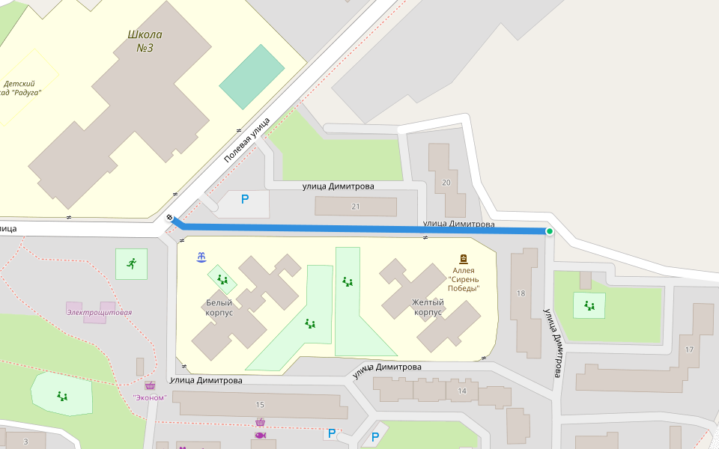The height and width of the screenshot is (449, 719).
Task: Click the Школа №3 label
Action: tap(145, 41)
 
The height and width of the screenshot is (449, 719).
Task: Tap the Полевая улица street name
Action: tap(246, 144)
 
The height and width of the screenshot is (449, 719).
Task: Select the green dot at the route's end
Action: tap(550, 232)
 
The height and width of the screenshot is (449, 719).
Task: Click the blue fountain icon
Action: tap(201, 257)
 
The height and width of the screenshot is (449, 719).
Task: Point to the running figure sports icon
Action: tap(131, 263)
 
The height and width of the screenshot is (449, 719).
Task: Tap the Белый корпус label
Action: tap(219, 308)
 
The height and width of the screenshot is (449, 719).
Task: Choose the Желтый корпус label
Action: tap(428, 307)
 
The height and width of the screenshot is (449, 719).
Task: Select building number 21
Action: tap(355, 207)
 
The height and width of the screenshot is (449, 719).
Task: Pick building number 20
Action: tap(446, 183)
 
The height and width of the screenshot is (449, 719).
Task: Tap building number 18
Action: tap(521, 293)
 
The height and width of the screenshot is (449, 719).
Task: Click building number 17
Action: tap(689, 349)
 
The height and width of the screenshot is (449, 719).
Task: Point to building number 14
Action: tap(462, 391)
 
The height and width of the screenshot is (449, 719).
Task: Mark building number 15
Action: tap(260, 405)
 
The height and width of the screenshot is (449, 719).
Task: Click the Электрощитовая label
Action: tap(99, 312)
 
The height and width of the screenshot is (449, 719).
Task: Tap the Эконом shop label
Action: tap(149, 397)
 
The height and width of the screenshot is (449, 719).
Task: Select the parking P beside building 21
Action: tap(244, 200)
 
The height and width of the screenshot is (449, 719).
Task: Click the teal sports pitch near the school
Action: tap(252, 76)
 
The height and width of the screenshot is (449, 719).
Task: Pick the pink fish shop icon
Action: tap(260, 435)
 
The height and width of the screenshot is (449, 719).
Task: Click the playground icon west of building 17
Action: tap(589, 305)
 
